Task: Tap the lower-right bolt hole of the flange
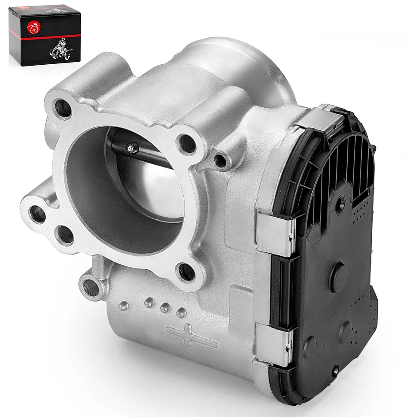tap(186, 272)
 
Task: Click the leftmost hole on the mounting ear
tap(37, 213)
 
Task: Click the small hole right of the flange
tap(220, 161)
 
